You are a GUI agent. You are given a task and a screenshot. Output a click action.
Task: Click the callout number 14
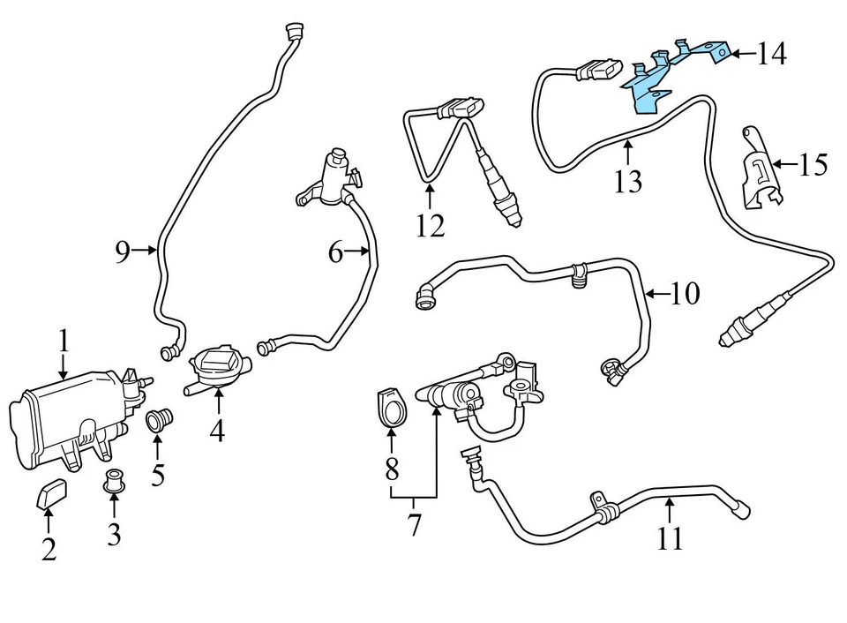[x=770, y=55]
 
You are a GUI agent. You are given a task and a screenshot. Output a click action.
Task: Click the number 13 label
[x=629, y=181]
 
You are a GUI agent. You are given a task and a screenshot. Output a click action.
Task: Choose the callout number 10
[x=684, y=293]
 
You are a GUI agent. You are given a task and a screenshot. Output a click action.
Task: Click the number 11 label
[x=670, y=537]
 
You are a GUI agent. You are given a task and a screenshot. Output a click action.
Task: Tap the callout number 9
[x=123, y=253]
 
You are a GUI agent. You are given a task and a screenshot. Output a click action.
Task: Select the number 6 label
[x=335, y=253]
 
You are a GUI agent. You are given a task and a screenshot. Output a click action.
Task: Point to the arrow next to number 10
[x=657, y=293]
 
